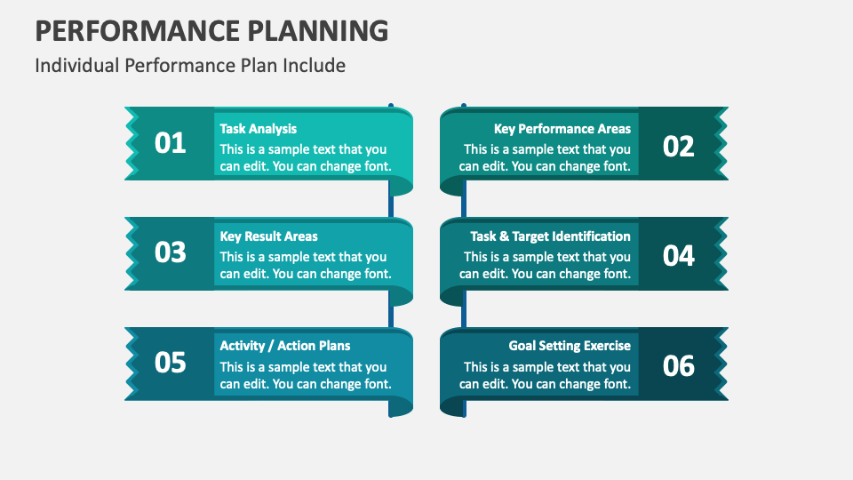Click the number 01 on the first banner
click(x=170, y=143)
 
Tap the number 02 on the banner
click(x=679, y=146)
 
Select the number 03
click(x=170, y=252)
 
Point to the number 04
click(x=679, y=256)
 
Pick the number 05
click(x=170, y=363)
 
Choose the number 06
click(x=679, y=365)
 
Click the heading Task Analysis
click(x=259, y=129)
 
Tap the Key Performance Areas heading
click(x=562, y=129)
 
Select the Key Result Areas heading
click(x=268, y=236)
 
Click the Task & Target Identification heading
click(x=550, y=236)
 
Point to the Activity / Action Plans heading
click(x=285, y=346)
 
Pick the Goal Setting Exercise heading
click(x=570, y=346)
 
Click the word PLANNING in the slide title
click(x=311, y=30)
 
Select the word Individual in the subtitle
click(x=77, y=66)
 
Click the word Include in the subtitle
click(x=315, y=66)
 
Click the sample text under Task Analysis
click(x=305, y=157)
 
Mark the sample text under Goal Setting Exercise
click(x=545, y=375)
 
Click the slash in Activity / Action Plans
click(x=271, y=346)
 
